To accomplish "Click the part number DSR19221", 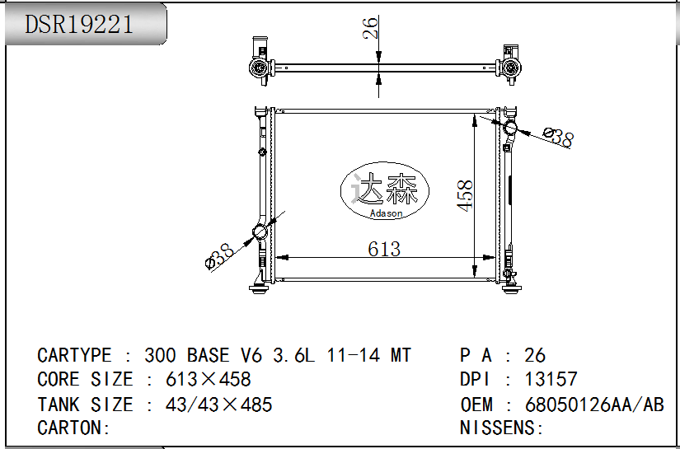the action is coord(78,24).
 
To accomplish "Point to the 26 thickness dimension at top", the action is coord(371,27).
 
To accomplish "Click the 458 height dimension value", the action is coord(466,196).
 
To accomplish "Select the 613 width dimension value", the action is coord(384,249).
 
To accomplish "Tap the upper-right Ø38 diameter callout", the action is coord(558,137).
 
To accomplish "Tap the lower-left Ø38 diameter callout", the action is coord(219,255).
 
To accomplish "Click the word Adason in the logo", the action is coord(386,213).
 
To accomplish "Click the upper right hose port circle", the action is coord(510,128).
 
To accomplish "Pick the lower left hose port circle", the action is coord(260,232).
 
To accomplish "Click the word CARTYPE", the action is coord(74,355).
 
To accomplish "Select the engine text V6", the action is coord(251,355).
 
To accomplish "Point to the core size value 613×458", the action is coord(209,379).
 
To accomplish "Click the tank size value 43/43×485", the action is coord(219,405).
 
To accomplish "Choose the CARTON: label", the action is coord(73,428).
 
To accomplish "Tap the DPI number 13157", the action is coord(551,379).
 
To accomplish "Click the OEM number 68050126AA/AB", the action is coord(594,405).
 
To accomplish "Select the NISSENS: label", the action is coord(502,428).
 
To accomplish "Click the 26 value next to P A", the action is coord(535,355).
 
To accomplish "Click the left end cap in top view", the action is coord(260,61).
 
